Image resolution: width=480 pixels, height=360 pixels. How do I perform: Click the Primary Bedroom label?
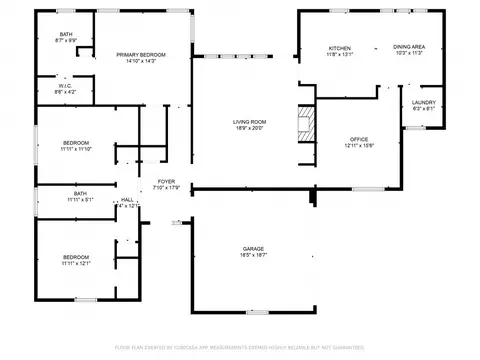point(140,54)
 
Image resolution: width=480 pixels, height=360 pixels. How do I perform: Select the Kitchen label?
point(341,48)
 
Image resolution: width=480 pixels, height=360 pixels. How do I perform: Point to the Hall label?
point(127,200)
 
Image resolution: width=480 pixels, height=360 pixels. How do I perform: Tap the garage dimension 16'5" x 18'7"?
point(254,255)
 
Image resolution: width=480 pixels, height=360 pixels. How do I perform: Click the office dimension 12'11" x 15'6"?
point(360,146)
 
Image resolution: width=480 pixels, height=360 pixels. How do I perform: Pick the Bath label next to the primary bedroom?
point(65,35)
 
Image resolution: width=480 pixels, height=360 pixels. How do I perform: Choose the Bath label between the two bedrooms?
point(80,193)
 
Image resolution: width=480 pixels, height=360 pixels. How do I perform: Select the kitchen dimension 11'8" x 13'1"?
point(341,55)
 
